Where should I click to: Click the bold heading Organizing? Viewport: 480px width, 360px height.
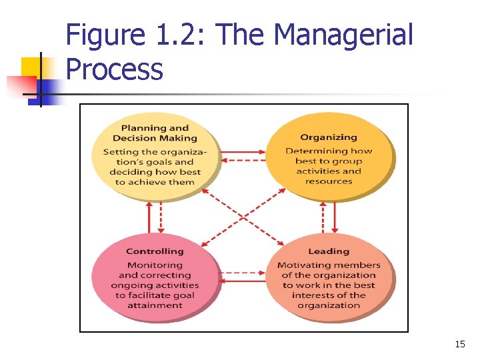[328, 137]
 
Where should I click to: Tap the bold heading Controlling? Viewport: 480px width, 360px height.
[155, 251]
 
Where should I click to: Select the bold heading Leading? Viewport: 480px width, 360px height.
[328, 251]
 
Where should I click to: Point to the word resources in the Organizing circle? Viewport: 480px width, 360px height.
[328, 181]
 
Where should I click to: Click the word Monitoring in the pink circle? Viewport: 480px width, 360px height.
[155, 265]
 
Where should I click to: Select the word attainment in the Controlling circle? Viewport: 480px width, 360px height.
[155, 305]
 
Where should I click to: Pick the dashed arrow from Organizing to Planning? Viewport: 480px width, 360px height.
[242, 160]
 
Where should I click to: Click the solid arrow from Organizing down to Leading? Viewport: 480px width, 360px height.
[335, 217]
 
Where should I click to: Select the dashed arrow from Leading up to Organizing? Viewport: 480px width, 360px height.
[323, 217]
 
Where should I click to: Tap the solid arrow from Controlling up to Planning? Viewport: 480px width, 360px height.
[149, 218]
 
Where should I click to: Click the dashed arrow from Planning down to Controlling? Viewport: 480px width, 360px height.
[161, 218]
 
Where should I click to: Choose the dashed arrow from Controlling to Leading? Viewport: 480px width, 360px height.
[242, 273]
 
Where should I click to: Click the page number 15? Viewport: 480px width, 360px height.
[459, 344]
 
